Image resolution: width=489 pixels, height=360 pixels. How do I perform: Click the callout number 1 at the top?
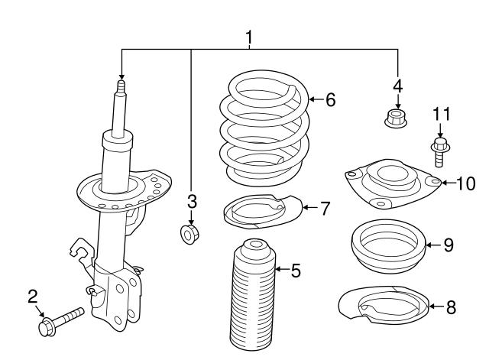(248, 36)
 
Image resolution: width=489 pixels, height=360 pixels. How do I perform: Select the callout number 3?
(192, 202)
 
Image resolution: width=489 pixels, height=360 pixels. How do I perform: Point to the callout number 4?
(397, 84)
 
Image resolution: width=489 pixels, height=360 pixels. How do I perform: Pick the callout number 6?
(330, 99)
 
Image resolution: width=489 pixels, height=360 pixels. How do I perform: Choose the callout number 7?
(325, 207)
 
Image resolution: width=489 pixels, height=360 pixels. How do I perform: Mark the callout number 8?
(450, 307)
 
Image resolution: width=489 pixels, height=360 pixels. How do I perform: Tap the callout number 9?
(449, 245)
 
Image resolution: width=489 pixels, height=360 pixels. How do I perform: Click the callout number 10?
(465, 183)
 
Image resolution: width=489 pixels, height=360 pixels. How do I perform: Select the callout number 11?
(441, 115)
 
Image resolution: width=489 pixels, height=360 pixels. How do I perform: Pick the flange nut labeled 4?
(396, 118)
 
